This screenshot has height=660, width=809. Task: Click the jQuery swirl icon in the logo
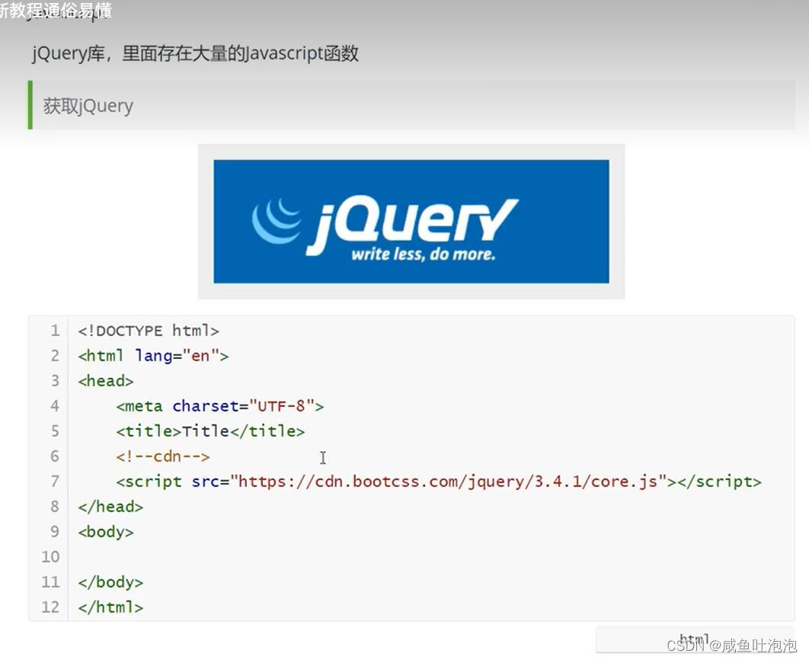coord(276,220)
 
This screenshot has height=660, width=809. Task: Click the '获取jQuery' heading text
coord(88,106)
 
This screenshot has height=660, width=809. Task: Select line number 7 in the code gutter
coord(54,482)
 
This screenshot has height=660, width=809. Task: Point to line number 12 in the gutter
coord(50,607)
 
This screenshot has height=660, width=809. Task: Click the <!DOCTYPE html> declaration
coord(149,331)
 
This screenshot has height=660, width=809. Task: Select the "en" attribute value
coord(200,356)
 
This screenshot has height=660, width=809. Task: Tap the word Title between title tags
coord(206,431)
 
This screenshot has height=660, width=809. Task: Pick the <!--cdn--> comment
coord(162,457)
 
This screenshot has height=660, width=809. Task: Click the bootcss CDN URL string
coord(449,482)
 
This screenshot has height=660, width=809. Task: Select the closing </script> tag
coord(719,482)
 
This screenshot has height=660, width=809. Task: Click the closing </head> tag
coord(110,507)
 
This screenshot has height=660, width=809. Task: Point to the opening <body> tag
coord(106,532)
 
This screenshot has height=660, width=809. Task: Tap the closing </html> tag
coord(110,607)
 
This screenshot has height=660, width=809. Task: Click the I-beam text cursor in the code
coord(323,457)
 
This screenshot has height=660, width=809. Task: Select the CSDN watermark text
coord(731,646)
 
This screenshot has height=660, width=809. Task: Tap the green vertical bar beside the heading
coord(30,105)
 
